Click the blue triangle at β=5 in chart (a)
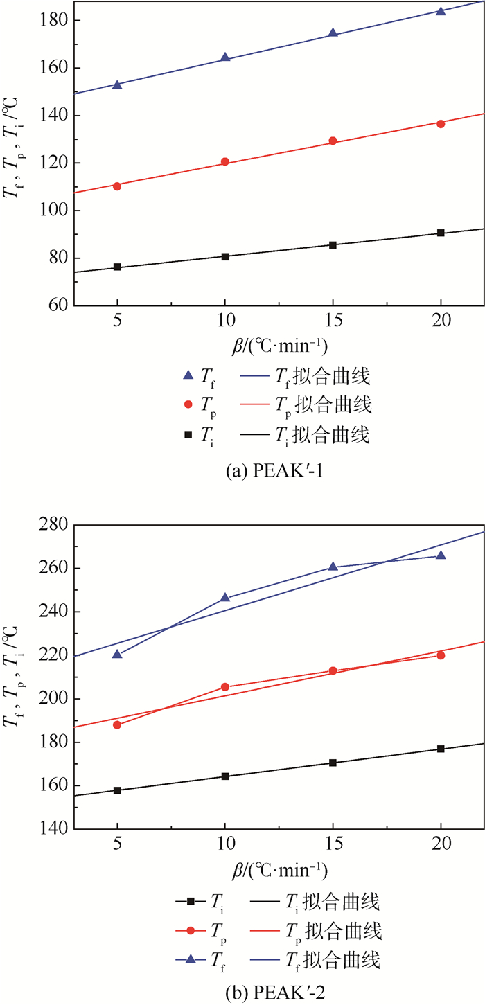(117, 85)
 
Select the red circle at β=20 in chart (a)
(441, 123)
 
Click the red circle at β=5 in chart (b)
(117, 724)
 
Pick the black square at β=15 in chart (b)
(333, 763)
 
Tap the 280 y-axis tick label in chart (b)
(53, 525)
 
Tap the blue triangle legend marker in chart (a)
(187, 376)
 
